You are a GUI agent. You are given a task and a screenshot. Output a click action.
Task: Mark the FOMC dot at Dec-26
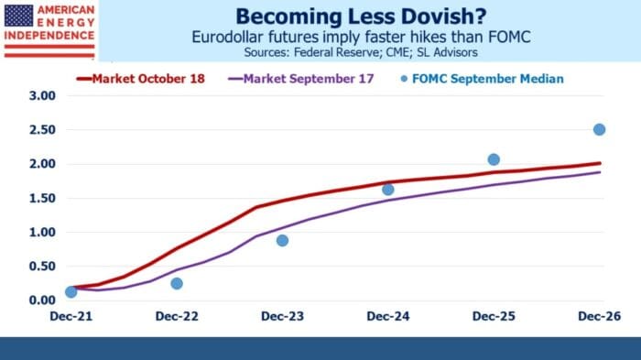point(599,129)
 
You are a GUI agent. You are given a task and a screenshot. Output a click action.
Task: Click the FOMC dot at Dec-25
point(494,159)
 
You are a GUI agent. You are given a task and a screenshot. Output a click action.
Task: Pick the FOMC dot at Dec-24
point(387,190)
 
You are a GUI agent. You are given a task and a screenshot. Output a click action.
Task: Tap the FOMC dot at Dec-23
point(282,240)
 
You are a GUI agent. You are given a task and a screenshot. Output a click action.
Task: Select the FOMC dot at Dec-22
point(177,283)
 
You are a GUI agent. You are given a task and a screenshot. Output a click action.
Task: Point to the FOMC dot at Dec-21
point(71,291)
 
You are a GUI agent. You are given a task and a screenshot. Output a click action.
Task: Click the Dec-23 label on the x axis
point(282,316)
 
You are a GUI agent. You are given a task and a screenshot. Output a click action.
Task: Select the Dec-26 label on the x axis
point(599,316)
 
